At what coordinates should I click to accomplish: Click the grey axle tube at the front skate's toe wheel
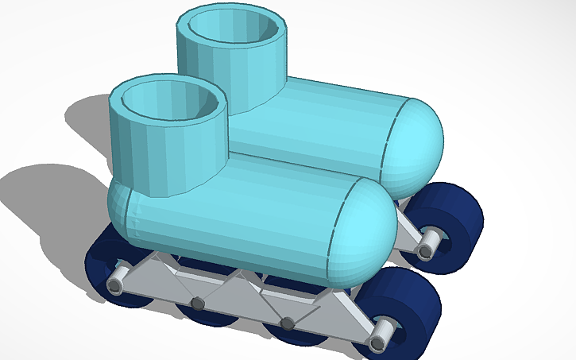point(381,335)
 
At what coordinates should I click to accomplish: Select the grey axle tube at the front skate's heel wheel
point(117,278)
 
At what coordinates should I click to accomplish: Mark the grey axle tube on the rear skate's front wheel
point(428,243)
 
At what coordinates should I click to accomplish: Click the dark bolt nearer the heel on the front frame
point(195,304)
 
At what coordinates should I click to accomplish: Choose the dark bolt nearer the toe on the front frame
point(288,322)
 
